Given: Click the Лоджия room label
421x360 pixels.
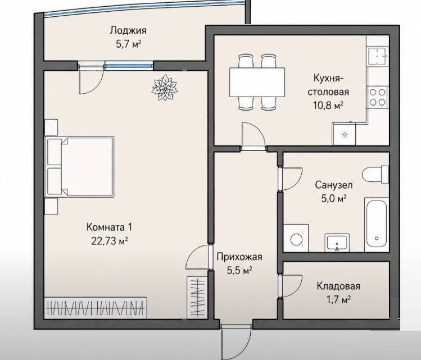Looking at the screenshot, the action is click(128, 30).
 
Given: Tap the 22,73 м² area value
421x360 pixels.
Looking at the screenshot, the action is click(109, 241).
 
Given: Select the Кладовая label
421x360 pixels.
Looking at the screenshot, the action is click(338, 286).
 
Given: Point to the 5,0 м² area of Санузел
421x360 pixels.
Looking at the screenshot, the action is click(333, 198).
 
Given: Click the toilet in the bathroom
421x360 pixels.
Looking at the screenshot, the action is click(375, 174).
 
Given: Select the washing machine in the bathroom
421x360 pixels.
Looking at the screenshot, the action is click(296, 238).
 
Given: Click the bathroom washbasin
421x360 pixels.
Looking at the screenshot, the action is click(337, 243).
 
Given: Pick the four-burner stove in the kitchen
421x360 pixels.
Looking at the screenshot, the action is click(378, 97).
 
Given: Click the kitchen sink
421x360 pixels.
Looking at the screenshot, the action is click(378, 56).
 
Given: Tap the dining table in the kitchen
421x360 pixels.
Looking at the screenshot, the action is click(257, 82).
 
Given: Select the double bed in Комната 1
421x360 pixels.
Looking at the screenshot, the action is click(80, 167).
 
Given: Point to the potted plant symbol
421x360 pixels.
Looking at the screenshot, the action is click(164, 88).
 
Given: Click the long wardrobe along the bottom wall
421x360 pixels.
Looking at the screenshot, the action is click(96, 308).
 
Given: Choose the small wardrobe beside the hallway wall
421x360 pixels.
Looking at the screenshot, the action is click(197, 298).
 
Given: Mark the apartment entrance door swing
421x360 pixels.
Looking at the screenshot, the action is click(236, 342).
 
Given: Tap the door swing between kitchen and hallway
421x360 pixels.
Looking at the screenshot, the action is click(253, 135).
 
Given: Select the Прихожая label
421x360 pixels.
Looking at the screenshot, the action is click(239, 257).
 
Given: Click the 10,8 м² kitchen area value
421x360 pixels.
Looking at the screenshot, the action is click(328, 105).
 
